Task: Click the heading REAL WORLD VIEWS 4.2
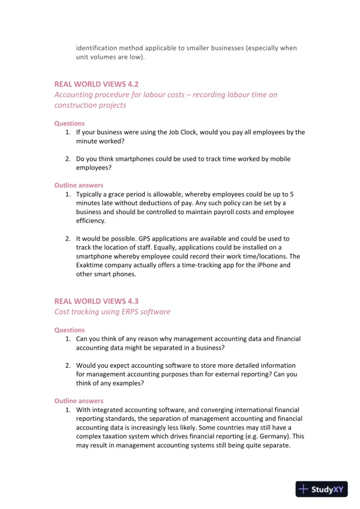tap(96, 84)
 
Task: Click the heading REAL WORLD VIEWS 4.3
tap(96, 301)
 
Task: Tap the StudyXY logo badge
tap(321, 489)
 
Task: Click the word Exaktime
tap(93, 265)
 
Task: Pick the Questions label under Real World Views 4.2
tap(69, 124)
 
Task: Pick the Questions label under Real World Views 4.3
tap(69, 330)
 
